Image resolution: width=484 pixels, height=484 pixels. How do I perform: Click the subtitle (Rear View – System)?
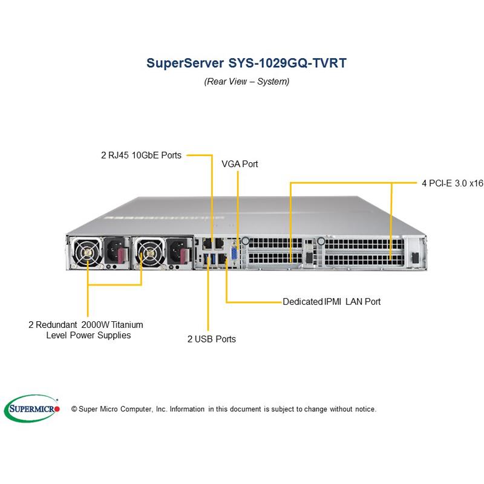pyautogui.click(x=246, y=81)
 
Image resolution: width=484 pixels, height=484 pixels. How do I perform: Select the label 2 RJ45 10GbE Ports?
pyautogui.click(x=141, y=155)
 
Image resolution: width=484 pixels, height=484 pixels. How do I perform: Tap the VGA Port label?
pyautogui.click(x=240, y=164)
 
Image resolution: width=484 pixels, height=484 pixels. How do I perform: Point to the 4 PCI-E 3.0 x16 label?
pyautogui.click(x=452, y=183)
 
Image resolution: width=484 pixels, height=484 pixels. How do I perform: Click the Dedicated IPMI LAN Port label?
pyautogui.click(x=332, y=301)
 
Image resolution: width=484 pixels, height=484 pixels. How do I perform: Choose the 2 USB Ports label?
pyautogui.click(x=211, y=339)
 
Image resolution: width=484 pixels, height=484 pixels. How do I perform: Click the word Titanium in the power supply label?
pyautogui.click(x=126, y=324)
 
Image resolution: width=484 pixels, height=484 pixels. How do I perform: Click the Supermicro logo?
pyautogui.click(x=32, y=409)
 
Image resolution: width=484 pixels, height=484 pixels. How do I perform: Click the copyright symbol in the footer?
pyautogui.click(x=74, y=410)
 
